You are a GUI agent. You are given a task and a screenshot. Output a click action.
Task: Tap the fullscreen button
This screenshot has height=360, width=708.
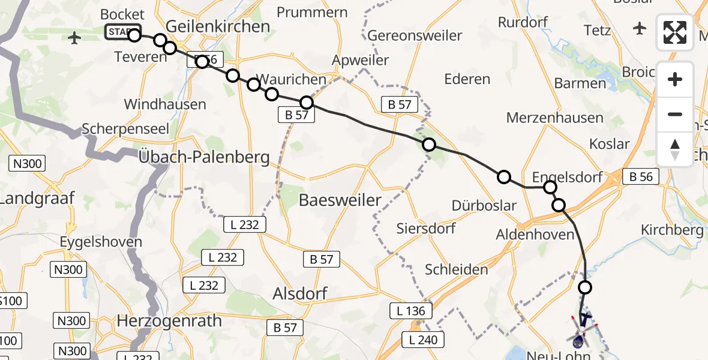point(675,32)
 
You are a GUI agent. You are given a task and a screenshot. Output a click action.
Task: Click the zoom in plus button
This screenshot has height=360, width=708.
point(675,79)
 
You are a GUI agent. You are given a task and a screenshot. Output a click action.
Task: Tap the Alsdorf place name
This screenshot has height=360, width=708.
point(300,293)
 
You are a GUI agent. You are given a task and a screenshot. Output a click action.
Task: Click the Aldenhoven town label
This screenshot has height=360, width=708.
point(535,235)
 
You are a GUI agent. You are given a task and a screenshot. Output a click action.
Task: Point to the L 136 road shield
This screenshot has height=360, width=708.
point(411,311)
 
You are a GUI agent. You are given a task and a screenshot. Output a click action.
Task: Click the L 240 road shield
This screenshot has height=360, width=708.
point(424,340)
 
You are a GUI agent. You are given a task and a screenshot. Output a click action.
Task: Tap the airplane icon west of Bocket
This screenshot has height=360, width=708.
point(75,38)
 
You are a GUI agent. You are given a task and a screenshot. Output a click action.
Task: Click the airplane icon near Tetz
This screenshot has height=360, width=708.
point(640,28)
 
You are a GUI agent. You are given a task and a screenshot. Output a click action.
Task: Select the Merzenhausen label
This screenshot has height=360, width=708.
point(554,118)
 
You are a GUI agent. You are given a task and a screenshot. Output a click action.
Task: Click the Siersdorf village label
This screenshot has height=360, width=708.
point(426,229)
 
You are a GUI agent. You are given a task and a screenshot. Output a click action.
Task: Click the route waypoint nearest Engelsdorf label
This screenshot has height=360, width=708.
point(550,187)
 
